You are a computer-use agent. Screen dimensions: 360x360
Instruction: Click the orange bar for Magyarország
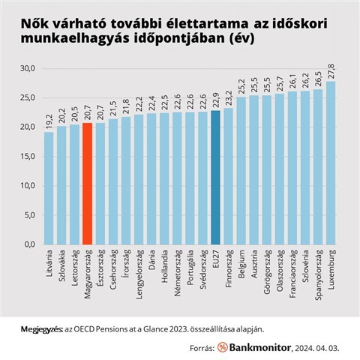(x=87, y=184)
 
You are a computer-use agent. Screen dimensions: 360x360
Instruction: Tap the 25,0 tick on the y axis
(x=28, y=97)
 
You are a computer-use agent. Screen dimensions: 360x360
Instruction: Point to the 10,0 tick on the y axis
(x=28, y=185)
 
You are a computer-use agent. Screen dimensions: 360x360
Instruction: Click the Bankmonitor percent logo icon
(x=223, y=347)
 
